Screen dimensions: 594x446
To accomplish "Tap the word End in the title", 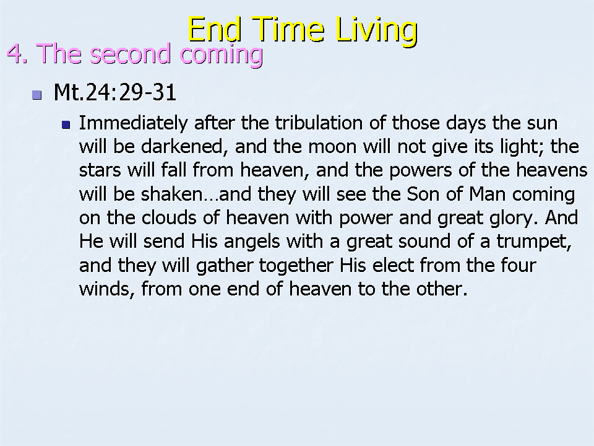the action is coord(215,29).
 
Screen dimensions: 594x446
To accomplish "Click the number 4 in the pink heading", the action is coord(14,53).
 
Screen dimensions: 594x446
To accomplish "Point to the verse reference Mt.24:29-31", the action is coord(115,92).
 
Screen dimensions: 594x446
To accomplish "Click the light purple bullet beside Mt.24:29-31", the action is coord(37,94).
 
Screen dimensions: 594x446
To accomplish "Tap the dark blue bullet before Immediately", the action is coord(66,125).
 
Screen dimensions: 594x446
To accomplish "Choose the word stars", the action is coord(100,170).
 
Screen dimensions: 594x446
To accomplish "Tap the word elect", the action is coord(393,265).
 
